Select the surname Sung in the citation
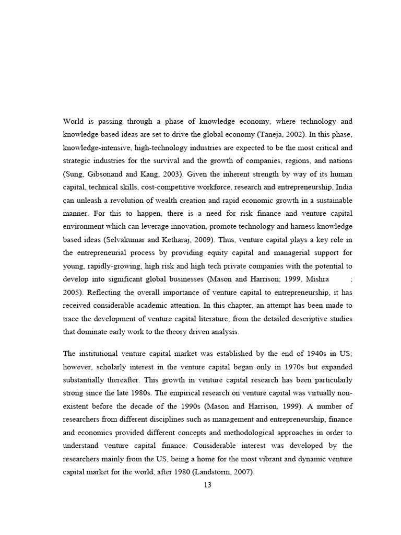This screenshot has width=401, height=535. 73,173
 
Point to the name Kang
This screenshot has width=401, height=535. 149,173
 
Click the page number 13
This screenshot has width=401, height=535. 207,485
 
